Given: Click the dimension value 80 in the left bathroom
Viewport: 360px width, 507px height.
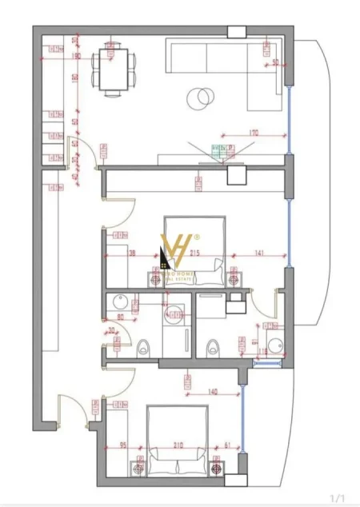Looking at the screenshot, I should (x=122, y=317).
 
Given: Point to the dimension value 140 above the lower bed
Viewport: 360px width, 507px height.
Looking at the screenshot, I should (x=213, y=393).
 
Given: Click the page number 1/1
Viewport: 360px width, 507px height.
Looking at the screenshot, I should (x=338, y=497).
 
